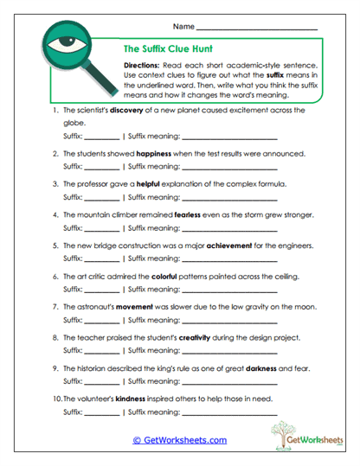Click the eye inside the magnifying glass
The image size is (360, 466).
pos(63,43)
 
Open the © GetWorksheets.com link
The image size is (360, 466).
pos(179,440)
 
